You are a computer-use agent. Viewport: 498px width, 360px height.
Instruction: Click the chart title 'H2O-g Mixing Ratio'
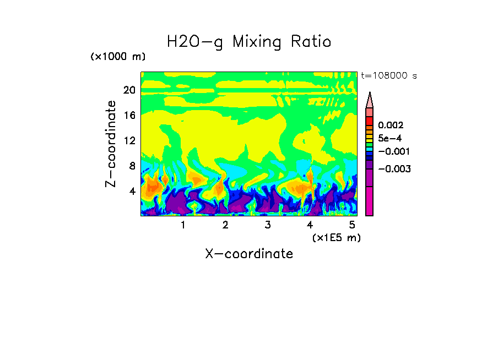(x=249, y=41)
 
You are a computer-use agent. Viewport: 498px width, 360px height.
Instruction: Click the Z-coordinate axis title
(x=111, y=144)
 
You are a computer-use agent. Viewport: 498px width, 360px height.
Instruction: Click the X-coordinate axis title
(x=249, y=254)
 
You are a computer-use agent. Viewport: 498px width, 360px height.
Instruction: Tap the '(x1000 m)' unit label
(x=118, y=57)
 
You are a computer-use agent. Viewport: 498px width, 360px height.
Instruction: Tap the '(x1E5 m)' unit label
(x=336, y=237)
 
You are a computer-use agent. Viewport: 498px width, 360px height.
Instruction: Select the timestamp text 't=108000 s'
(x=389, y=75)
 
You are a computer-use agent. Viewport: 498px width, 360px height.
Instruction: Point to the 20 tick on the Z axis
(x=129, y=90)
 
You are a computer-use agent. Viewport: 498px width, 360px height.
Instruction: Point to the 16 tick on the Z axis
(x=129, y=116)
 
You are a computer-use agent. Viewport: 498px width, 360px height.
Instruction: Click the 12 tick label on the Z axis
(x=129, y=141)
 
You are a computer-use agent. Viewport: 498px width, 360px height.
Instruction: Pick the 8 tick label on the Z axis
(x=132, y=166)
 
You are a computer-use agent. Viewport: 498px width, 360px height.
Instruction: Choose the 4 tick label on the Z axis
(x=132, y=192)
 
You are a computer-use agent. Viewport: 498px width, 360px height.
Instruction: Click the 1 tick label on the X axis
(x=183, y=225)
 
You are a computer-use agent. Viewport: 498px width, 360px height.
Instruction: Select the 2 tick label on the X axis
(x=225, y=225)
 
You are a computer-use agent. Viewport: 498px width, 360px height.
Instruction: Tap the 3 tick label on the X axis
(x=268, y=225)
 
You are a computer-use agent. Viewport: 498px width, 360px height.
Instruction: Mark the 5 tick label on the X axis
(x=352, y=225)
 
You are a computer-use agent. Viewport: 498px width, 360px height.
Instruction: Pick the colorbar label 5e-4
(x=390, y=138)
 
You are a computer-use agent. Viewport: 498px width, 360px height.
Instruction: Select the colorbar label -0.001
(x=392, y=151)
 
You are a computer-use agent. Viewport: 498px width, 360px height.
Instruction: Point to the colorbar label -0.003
(x=392, y=169)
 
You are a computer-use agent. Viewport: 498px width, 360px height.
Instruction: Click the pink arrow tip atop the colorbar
(x=370, y=99)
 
